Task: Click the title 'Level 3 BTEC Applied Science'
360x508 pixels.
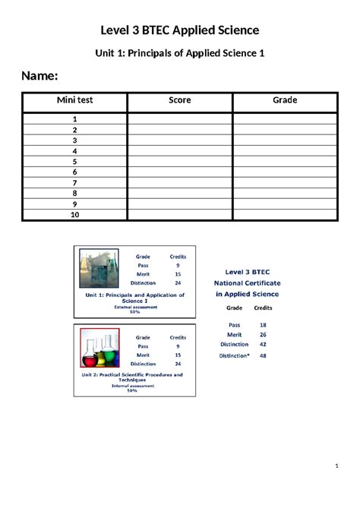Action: [x=180, y=30]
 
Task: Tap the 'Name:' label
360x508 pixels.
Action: [x=39, y=76]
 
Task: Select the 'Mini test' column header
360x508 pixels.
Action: [x=74, y=100]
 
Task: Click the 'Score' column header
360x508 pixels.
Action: [x=180, y=100]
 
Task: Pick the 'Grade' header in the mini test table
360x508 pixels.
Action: [x=285, y=100]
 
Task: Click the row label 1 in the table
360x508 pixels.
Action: [x=75, y=119]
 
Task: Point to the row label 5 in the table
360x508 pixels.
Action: [x=75, y=162]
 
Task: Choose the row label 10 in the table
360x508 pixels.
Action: [x=75, y=215]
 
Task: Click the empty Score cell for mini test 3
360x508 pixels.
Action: [x=180, y=140]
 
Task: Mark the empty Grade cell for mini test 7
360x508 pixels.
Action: [x=285, y=183]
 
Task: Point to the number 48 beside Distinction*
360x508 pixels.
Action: [x=263, y=355]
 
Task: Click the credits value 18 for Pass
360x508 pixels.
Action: [x=263, y=324]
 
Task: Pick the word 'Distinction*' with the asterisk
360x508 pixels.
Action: [x=235, y=355]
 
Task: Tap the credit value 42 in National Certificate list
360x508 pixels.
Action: [x=263, y=345]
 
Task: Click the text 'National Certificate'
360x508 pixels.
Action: [x=246, y=282]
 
